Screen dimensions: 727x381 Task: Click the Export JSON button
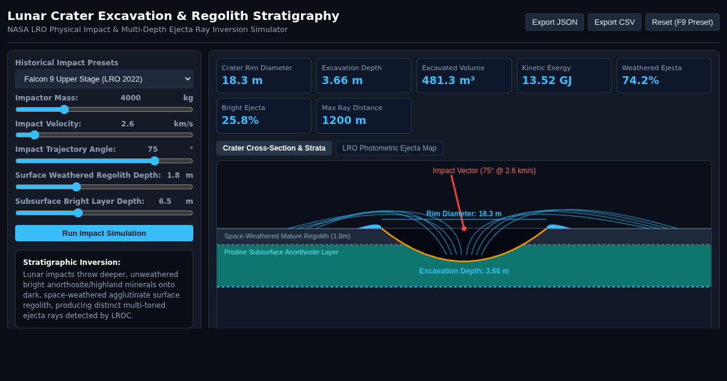click(x=554, y=22)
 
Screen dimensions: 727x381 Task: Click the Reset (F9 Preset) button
click(x=682, y=22)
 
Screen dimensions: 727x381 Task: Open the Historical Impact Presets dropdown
click(x=104, y=79)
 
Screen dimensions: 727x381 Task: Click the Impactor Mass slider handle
click(x=64, y=109)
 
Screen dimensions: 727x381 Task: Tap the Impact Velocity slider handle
click(x=35, y=135)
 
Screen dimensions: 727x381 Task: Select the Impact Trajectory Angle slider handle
click(x=154, y=161)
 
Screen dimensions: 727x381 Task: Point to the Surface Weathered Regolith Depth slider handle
click(x=76, y=187)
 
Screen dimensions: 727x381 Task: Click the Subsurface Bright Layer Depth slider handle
click(x=78, y=213)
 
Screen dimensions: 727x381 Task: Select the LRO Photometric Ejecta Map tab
click(x=389, y=148)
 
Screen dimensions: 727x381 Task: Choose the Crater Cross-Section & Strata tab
click(x=274, y=148)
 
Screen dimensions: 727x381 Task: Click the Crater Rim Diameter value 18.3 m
click(x=242, y=80)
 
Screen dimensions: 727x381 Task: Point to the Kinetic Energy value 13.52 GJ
click(x=546, y=80)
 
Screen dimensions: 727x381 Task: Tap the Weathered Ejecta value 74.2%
click(x=640, y=80)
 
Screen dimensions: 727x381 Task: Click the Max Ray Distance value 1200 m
click(x=344, y=120)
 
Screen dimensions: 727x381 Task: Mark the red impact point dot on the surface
click(x=464, y=229)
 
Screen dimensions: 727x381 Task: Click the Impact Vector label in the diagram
click(x=484, y=171)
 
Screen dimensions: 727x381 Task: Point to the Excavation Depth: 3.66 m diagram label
click(x=464, y=271)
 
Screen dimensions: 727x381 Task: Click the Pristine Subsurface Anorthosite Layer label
click(x=281, y=252)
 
